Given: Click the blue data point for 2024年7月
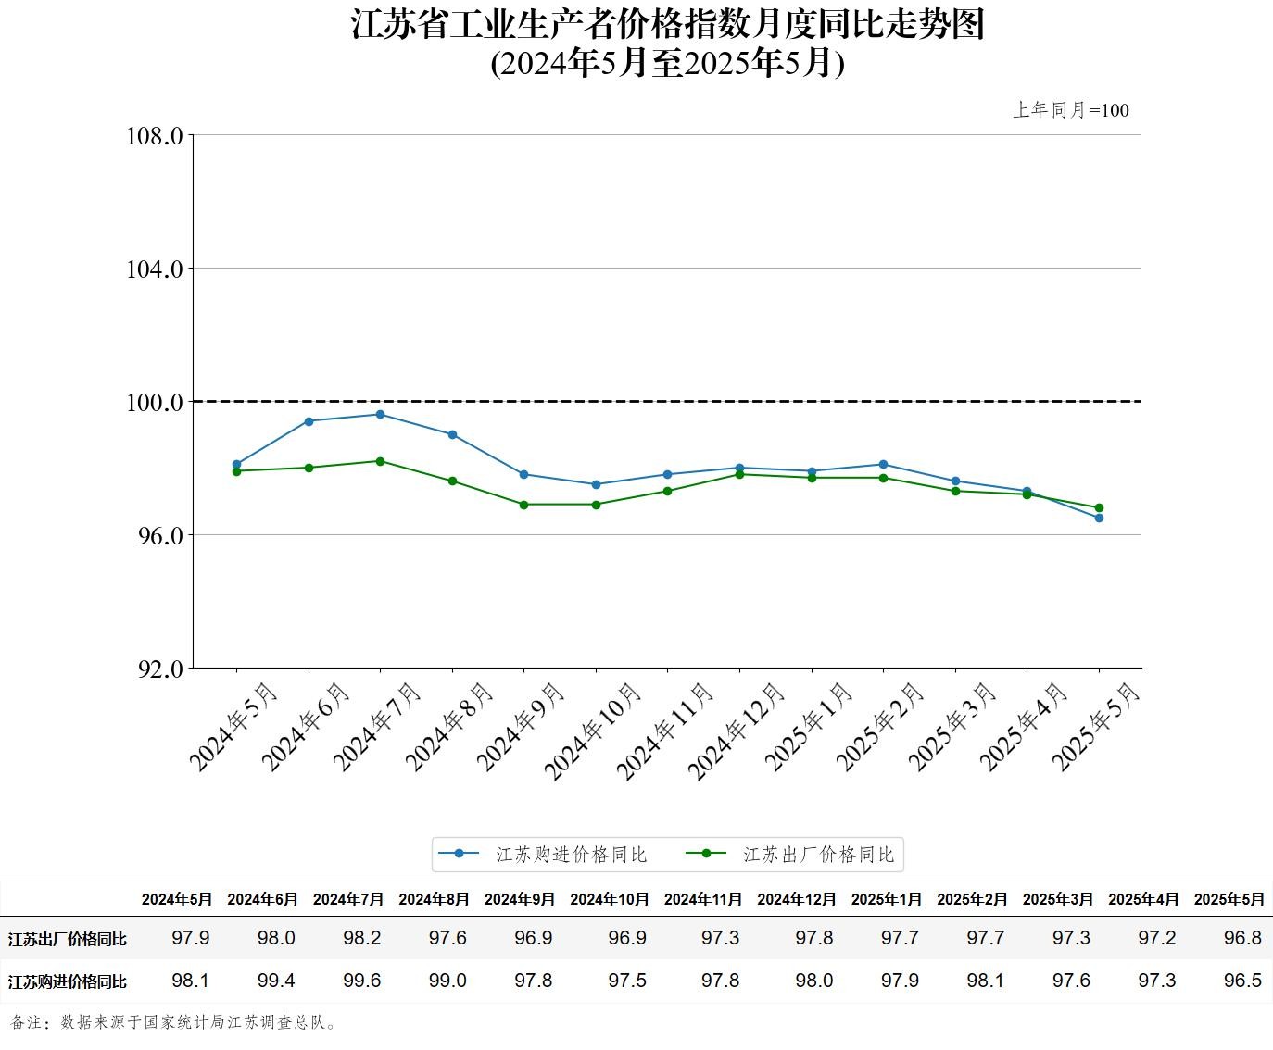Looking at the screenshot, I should point(380,414).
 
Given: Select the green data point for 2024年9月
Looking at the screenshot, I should point(523,505).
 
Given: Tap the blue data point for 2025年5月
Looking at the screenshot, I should point(1099,518).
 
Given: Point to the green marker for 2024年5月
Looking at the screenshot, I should point(236,471).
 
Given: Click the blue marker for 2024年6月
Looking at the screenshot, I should point(309,421).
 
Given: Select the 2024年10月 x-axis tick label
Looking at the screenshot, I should point(593,731).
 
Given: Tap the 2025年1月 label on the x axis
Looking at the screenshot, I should point(809,727).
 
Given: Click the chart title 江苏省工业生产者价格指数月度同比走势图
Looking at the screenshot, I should point(667,24).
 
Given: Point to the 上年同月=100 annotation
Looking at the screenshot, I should point(1070,110).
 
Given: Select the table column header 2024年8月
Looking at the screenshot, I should point(434,899).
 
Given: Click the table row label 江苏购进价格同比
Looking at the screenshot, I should point(68,981).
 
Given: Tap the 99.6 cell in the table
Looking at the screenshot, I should point(361,981).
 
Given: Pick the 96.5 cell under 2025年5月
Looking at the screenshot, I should point(1242,981).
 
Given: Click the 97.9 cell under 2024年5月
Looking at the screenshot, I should point(191,938).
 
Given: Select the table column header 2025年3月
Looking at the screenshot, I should point(1057,899).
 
